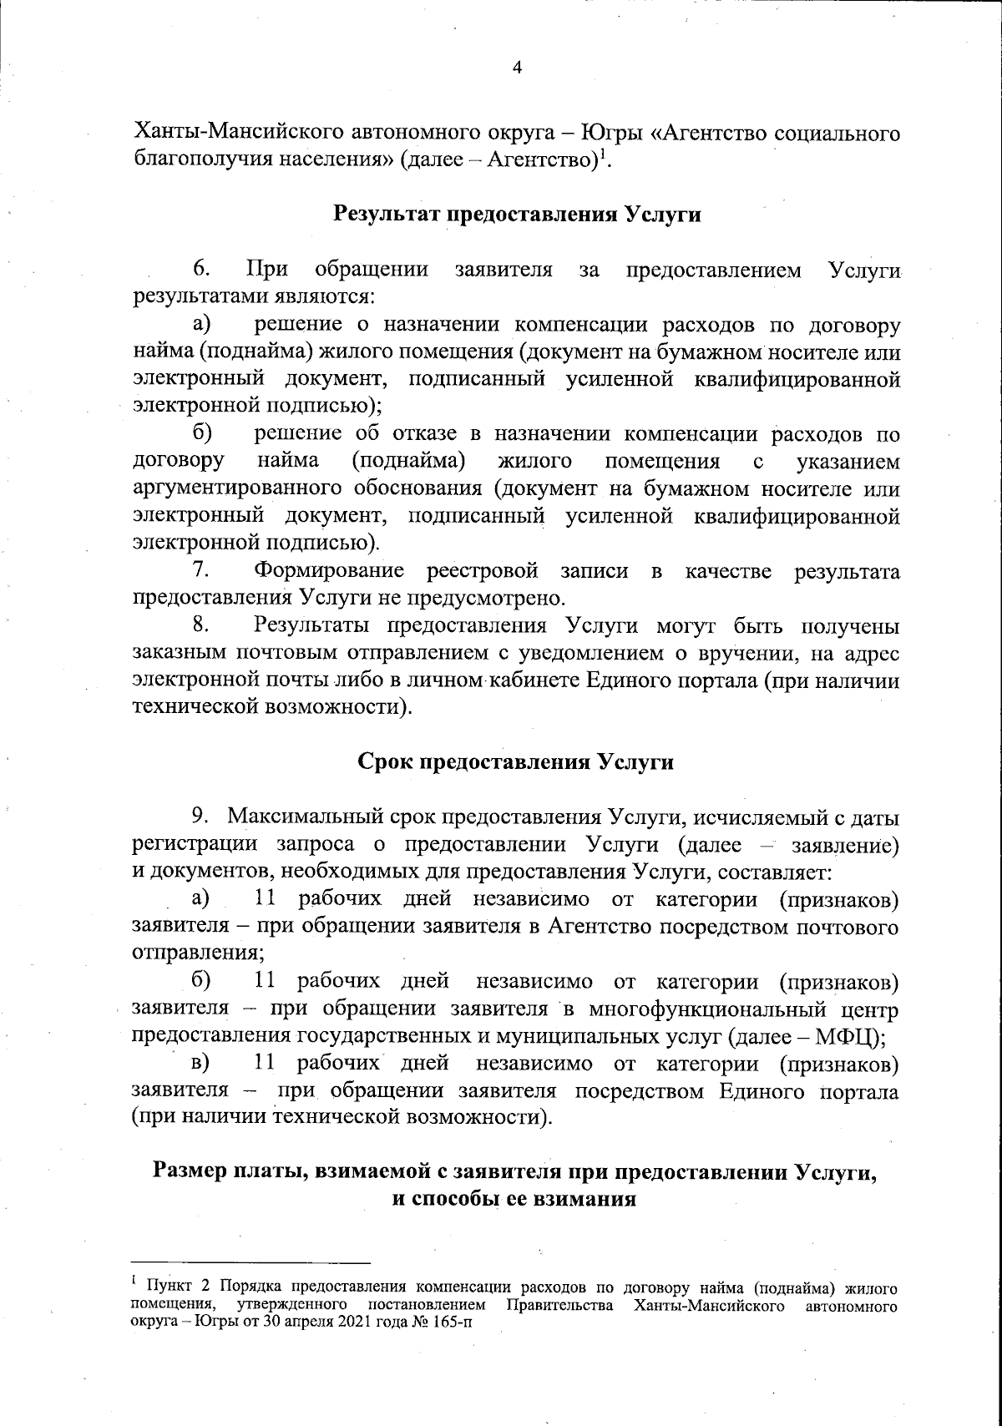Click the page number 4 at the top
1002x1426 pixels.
coord(516,68)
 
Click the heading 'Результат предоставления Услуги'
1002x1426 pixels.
coord(517,214)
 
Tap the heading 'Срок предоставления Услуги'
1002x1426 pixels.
coord(515,763)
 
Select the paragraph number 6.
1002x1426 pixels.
coord(200,270)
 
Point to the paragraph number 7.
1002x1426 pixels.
coord(200,571)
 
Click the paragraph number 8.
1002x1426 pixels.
coord(200,625)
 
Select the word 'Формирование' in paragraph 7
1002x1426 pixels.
coord(329,571)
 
